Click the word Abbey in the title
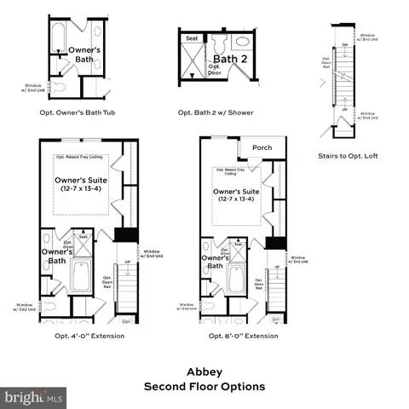click(x=204, y=372)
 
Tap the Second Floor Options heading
click(x=204, y=386)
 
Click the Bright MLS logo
click(x=34, y=398)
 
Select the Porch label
click(x=262, y=147)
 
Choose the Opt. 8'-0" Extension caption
click(x=243, y=336)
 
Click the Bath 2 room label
click(x=229, y=60)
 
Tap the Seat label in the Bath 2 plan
click(x=192, y=37)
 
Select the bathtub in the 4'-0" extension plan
click(x=83, y=277)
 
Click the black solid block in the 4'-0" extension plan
click(x=125, y=234)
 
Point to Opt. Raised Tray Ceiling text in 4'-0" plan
click(x=81, y=157)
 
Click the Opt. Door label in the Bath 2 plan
click(x=214, y=72)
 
